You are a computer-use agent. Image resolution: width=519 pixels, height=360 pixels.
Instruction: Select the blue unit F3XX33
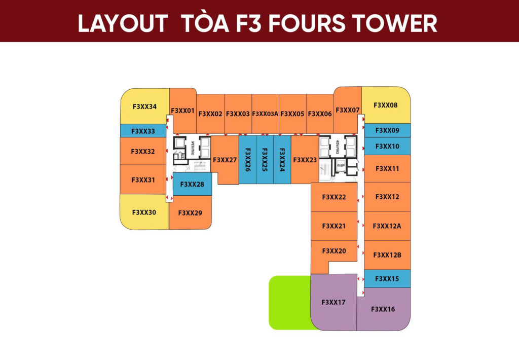143,131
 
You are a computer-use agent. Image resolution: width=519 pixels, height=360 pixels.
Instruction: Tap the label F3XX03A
265,114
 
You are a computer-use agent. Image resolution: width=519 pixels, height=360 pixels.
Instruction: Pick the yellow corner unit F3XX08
386,105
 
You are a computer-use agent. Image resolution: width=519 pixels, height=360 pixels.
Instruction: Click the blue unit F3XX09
387,130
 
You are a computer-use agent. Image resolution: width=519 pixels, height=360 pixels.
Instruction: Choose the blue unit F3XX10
387,146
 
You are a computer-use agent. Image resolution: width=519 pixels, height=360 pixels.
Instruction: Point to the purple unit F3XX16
383,309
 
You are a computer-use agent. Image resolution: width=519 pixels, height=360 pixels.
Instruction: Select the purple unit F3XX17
333,302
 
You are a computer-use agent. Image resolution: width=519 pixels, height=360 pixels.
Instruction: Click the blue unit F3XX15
387,279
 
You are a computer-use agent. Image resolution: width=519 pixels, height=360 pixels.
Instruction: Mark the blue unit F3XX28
192,184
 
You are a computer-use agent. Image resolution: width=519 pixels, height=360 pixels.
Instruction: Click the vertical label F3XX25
265,160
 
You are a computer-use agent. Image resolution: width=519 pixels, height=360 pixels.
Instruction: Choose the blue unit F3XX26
247,160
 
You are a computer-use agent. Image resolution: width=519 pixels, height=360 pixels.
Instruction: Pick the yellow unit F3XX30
144,212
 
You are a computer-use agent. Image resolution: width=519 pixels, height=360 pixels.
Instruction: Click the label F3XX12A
387,226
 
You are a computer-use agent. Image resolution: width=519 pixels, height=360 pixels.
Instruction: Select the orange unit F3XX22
334,197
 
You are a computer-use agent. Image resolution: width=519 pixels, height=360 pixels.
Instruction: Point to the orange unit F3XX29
190,213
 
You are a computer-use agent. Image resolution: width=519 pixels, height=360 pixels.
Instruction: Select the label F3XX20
334,251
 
